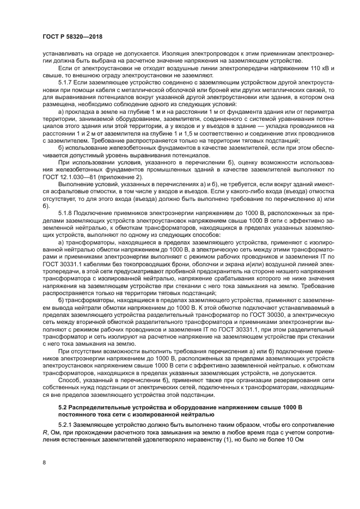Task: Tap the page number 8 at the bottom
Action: coord(44,462)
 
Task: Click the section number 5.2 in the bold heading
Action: coord(63,407)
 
